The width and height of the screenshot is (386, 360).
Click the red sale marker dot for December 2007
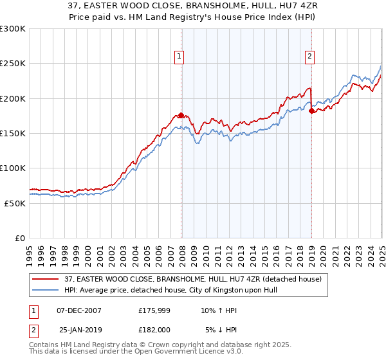[x=181, y=116]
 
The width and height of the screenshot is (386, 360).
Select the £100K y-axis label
[x=13, y=168]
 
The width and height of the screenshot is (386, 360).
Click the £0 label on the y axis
[x=21, y=238]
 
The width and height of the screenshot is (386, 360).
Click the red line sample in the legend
[x=46, y=278]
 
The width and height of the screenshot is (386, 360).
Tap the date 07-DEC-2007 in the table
[x=79, y=310]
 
